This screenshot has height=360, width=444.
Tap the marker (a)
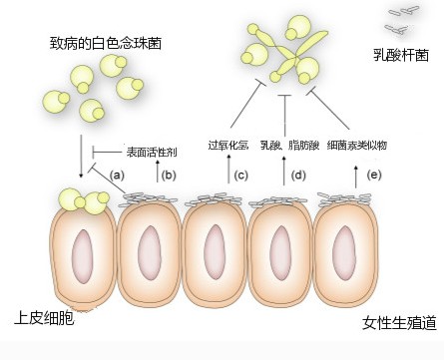click(x=116, y=175)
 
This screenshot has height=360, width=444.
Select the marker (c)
click(x=240, y=175)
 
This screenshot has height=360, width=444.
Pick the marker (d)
click(x=297, y=175)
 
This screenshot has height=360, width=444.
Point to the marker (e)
click(x=375, y=175)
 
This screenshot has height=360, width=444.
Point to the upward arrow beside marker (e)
click(x=357, y=176)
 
